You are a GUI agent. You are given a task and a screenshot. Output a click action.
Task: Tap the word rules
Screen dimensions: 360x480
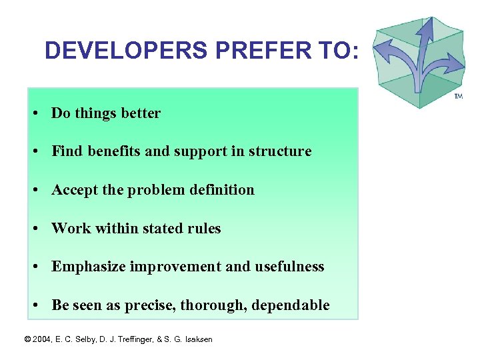pos(204,229)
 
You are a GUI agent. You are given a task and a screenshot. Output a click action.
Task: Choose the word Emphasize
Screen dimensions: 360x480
pos(89,267)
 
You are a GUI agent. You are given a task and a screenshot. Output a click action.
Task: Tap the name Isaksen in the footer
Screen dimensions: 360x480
pos(197,339)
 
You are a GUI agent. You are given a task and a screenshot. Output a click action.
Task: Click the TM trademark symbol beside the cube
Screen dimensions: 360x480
pos(458,97)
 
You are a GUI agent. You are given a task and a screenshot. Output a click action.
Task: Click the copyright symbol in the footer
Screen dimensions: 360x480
pos(27,339)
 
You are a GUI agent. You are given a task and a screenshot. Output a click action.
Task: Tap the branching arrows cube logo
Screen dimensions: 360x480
pos(419,61)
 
